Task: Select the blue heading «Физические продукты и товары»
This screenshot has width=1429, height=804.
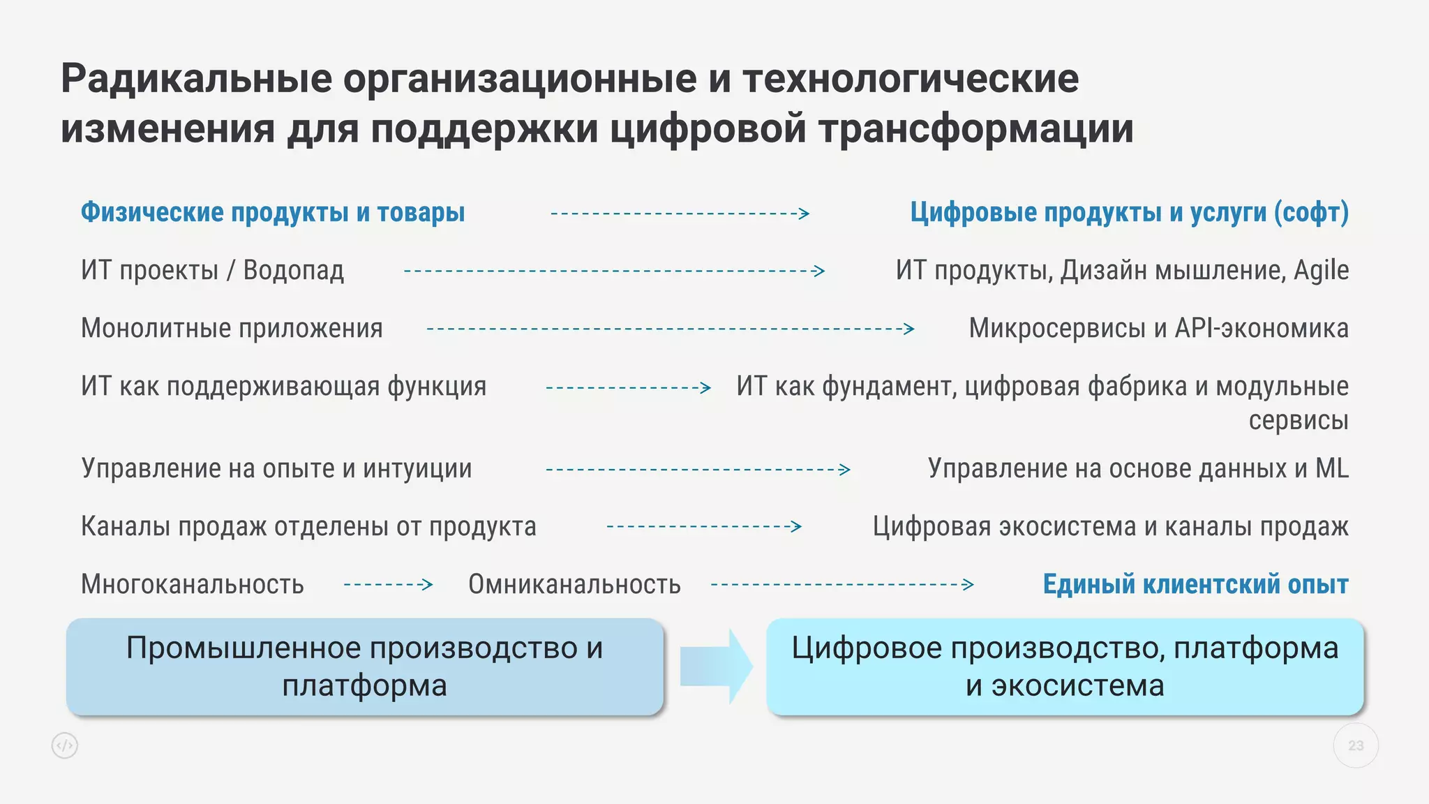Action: pos(273,212)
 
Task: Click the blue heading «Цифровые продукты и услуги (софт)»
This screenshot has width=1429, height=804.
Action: pos(1129,212)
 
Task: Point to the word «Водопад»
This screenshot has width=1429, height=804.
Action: pos(294,271)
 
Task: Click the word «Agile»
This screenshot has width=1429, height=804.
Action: pos(1321,271)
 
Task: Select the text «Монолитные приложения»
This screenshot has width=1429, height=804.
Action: pos(232,329)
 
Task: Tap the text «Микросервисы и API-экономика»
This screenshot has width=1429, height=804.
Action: pos(1158,329)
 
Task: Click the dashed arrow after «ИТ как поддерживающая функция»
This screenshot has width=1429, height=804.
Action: pos(628,387)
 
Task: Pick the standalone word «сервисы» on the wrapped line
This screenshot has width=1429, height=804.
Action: pos(1298,421)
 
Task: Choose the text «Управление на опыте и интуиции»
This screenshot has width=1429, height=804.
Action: pos(276,468)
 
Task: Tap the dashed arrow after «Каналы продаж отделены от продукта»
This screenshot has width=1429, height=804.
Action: pos(704,526)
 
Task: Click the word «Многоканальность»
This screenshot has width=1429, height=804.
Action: pos(193,585)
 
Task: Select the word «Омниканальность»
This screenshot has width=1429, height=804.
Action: pos(574,585)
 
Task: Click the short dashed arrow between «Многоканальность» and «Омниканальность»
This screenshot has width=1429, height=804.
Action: pos(389,584)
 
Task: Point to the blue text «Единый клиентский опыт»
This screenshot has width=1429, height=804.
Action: pos(1195,584)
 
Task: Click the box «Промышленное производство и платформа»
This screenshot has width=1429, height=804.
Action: pos(365,667)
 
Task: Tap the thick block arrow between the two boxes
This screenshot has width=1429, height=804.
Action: pos(716,667)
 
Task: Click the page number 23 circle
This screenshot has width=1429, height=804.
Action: pos(1355,745)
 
